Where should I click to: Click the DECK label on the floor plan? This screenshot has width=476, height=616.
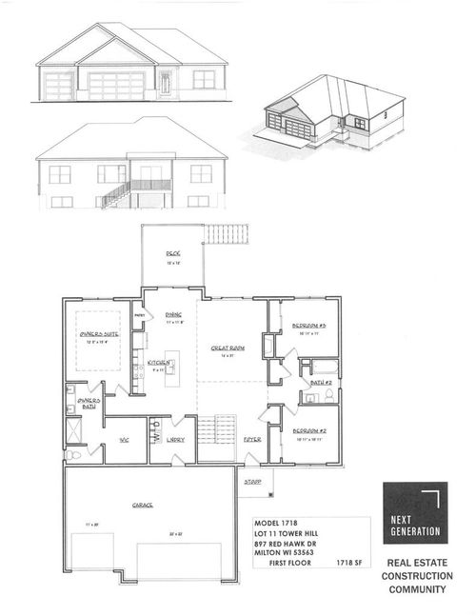click(x=172, y=253)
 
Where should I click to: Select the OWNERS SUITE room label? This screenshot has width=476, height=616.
click(x=98, y=334)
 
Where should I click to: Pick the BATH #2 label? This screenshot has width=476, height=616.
click(x=320, y=383)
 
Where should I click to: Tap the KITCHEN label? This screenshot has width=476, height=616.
click(x=158, y=363)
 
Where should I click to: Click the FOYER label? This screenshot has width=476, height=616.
click(x=251, y=439)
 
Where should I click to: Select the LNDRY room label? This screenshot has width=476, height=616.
click(x=175, y=439)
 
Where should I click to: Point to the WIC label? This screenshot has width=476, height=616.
click(x=124, y=439)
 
